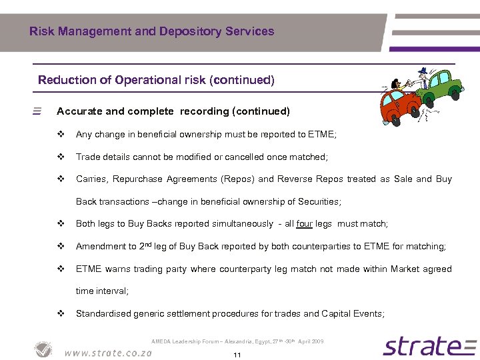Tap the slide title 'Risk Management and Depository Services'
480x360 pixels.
click(x=151, y=31)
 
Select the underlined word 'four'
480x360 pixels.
click(x=305, y=224)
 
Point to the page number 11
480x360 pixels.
click(x=237, y=355)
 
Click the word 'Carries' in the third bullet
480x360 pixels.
click(x=91, y=179)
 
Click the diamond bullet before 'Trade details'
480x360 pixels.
click(x=61, y=157)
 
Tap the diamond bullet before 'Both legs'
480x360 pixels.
click(x=61, y=224)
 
